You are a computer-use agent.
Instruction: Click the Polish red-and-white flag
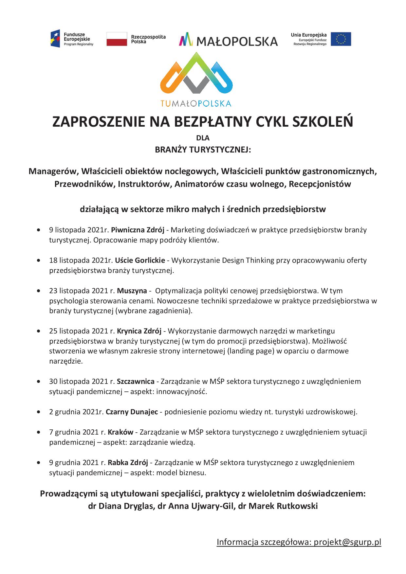tap(117, 39)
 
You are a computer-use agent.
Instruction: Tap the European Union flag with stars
tap(341, 39)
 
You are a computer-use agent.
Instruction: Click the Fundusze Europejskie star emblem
tap(55, 39)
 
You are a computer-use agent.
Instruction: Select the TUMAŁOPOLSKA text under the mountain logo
tap(196, 103)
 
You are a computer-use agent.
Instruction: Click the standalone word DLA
tap(203, 138)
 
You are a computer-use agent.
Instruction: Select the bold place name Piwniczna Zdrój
tap(138, 230)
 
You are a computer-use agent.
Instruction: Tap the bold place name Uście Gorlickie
tap(140, 260)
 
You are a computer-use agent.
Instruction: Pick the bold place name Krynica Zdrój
tap(139, 331)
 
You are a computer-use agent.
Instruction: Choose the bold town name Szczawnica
tap(136, 381)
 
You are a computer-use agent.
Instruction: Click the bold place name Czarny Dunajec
tap(132, 412)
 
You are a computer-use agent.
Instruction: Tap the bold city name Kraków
tap(120, 432)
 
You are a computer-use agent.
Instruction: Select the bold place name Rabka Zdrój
tap(128, 462)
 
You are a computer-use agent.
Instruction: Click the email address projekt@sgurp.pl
tap(348, 542)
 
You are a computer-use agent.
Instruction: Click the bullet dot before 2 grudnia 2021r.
tap(39, 412)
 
